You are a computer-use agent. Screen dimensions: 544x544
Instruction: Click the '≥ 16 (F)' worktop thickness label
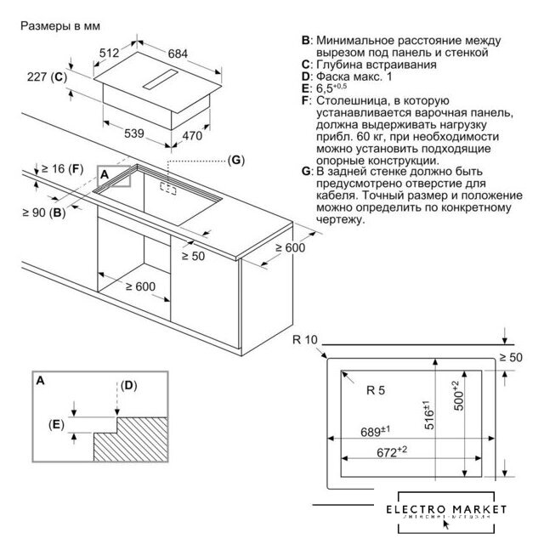(x=65, y=169)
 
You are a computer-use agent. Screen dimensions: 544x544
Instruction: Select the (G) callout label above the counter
(x=236, y=160)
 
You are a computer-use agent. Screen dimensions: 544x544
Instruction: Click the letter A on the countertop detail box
(x=105, y=173)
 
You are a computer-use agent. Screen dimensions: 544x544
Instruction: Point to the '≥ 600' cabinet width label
(x=134, y=286)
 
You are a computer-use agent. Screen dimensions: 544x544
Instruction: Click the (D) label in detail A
(x=127, y=385)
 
